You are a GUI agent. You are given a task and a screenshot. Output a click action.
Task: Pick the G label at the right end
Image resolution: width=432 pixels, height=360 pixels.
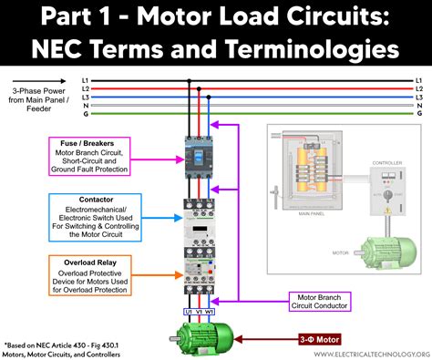click(419, 114)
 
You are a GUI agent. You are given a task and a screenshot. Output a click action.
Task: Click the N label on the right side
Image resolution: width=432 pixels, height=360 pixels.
click(419, 106)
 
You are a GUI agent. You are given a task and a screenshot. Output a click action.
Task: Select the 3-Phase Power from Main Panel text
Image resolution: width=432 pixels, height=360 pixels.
click(37, 98)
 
